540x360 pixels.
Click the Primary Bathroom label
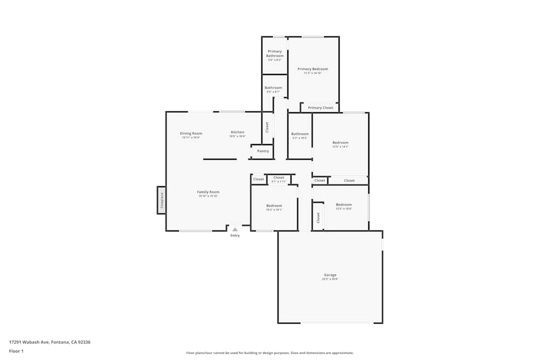(275, 53)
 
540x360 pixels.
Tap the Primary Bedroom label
(313, 69)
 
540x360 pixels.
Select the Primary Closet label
(321, 108)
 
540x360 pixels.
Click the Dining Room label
(191, 133)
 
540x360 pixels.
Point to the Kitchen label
(238, 132)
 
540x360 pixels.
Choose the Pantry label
(263, 151)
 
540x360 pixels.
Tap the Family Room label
(208, 192)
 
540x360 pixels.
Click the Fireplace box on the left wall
(161, 200)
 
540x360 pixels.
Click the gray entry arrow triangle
(235, 229)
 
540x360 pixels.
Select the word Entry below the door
(235, 235)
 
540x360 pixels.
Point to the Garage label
(329, 275)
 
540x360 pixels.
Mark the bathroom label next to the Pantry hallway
(300, 134)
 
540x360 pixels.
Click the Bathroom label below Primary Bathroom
(273, 88)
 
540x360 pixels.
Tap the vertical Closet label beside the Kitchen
(267, 127)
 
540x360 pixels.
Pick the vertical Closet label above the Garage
(318, 218)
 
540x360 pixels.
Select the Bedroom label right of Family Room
(274, 206)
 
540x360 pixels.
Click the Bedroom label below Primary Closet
(340, 142)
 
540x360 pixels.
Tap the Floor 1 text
(16, 351)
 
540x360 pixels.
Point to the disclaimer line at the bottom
(270, 353)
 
